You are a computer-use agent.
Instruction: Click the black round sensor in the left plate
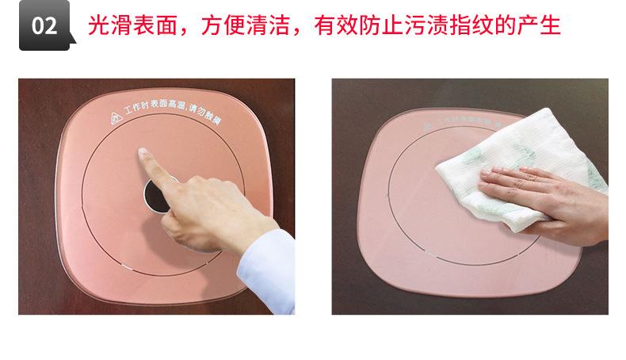(156, 196)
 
